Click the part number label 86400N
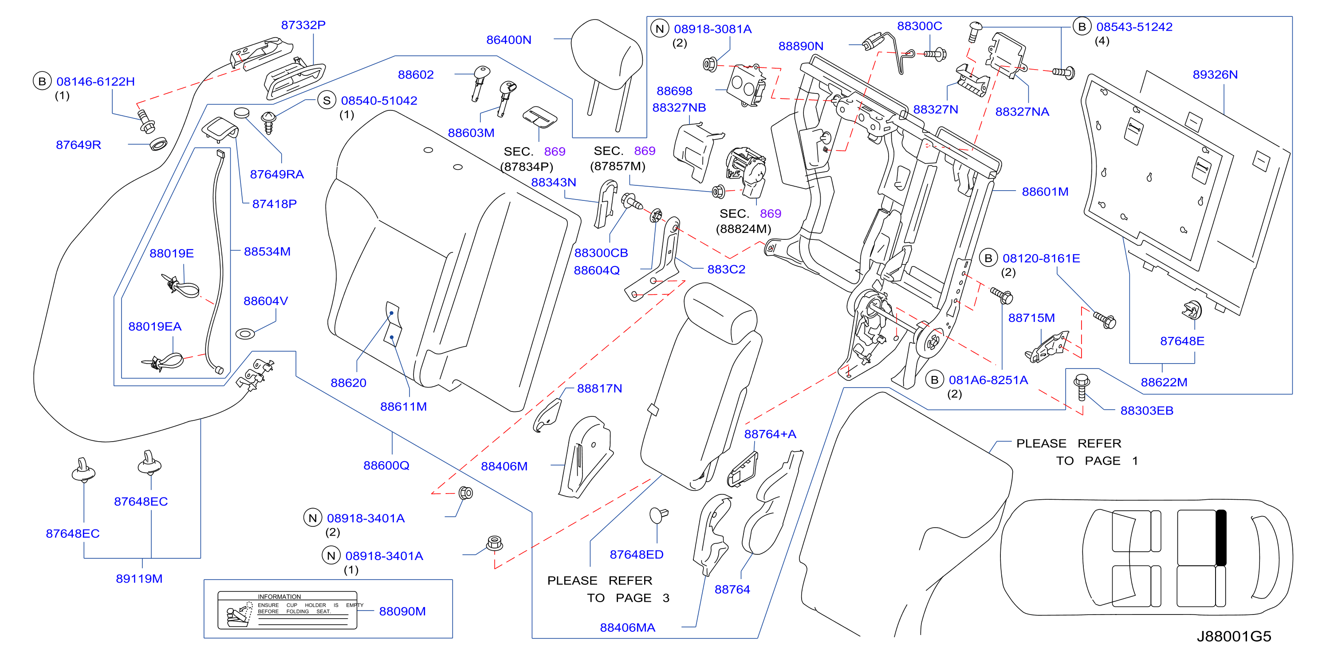coord(508,39)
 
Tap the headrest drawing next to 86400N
coord(607,62)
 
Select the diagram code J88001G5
coord(1234,636)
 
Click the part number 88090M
coord(402,611)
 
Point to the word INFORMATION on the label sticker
coord(279,597)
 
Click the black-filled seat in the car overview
coord(1220,537)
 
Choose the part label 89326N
coord(1215,74)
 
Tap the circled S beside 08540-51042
coord(327,100)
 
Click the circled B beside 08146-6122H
coord(42,81)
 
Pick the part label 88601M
coord(1045,192)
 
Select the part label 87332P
coord(303,25)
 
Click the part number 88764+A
coord(770,434)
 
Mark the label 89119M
coord(139,579)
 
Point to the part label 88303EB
coord(1147,411)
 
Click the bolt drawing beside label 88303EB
coord(1081,388)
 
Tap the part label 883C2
coord(726,269)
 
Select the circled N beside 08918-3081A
coord(659,28)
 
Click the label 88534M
coord(267,251)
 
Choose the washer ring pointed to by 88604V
coord(245,334)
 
